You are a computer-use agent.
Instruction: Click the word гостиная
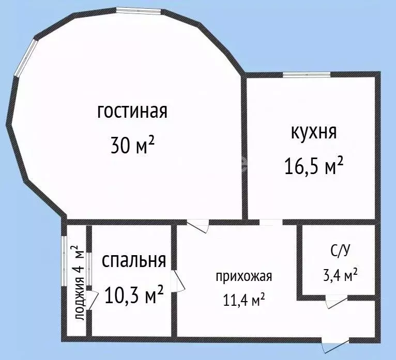[132, 112]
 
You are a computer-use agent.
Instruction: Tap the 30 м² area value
[132, 146]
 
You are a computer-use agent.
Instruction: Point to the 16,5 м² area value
[313, 166]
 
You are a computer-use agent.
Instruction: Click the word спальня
[134, 260]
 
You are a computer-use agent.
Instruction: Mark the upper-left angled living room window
[26, 57]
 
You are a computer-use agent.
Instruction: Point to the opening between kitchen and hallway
[270, 222]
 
